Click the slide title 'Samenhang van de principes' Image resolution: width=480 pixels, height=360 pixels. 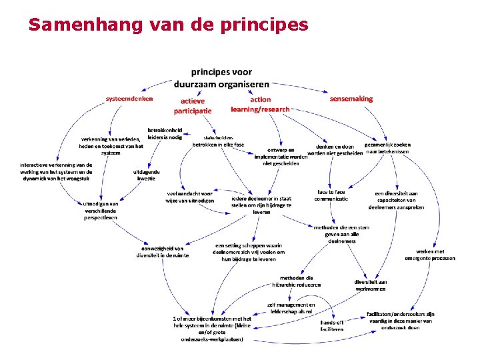pyautogui.click(x=168, y=25)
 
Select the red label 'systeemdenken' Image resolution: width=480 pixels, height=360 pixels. pyautogui.click(x=129, y=98)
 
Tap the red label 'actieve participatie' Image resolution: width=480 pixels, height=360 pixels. pyautogui.click(x=193, y=105)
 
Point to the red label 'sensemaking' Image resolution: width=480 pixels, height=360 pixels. pyautogui.click(x=351, y=98)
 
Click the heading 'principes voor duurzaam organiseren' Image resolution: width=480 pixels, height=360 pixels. pyautogui.click(x=221, y=78)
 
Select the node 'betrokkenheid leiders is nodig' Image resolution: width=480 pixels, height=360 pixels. pyautogui.click(x=165, y=133)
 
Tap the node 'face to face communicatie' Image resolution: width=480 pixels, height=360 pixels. pyautogui.click(x=331, y=195)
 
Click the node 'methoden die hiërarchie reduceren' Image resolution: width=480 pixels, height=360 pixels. pyautogui.click(x=301, y=281)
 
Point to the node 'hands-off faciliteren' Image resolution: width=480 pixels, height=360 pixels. pyautogui.click(x=332, y=325)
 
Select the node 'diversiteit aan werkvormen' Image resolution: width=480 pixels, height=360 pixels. pyautogui.click(x=371, y=285)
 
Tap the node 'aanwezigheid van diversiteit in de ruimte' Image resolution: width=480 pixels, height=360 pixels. pyautogui.click(x=163, y=251)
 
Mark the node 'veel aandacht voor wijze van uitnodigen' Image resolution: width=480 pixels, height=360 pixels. pyautogui.click(x=190, y=197)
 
